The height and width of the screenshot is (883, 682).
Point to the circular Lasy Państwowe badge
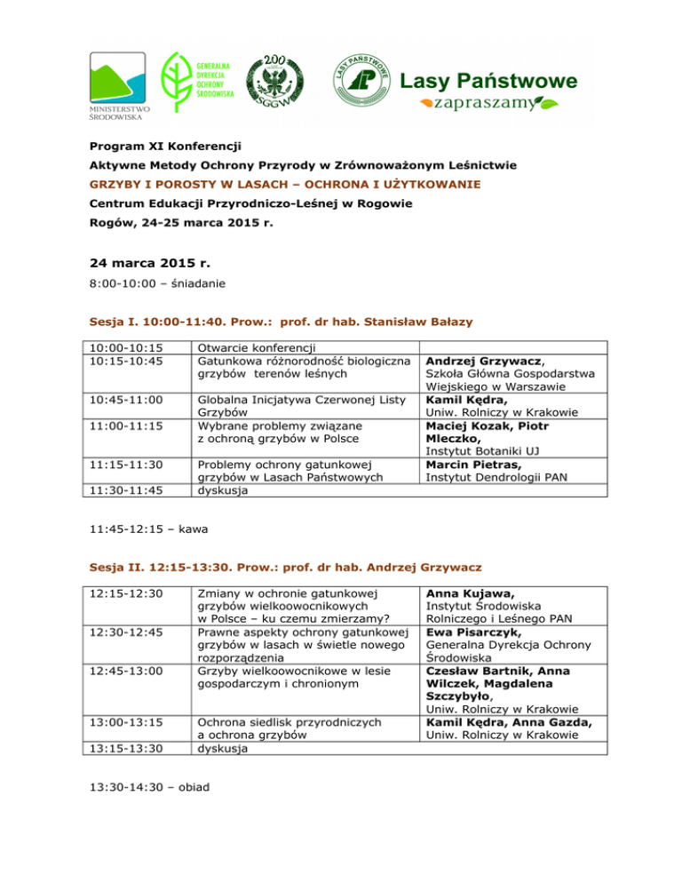point(359,80)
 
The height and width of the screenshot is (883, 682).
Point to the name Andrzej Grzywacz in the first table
point(482,362)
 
